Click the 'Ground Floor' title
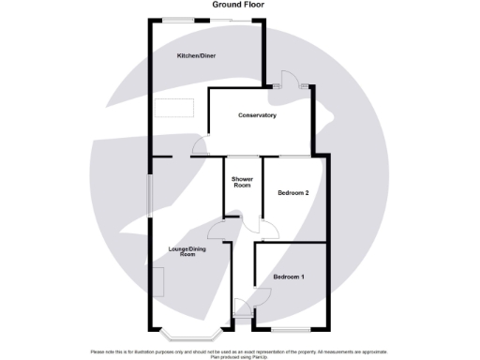238,5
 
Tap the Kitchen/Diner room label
199,56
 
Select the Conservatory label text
257,115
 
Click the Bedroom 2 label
293,193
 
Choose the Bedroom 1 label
289,277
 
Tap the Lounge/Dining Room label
187,251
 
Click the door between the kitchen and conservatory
200,146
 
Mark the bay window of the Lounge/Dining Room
190,333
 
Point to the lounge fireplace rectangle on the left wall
159,280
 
